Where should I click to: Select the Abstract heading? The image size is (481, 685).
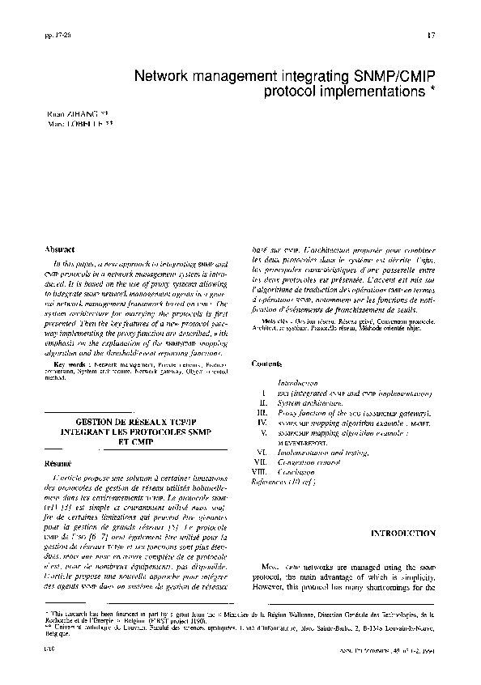pyautogui.click(x=61, y=249)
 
